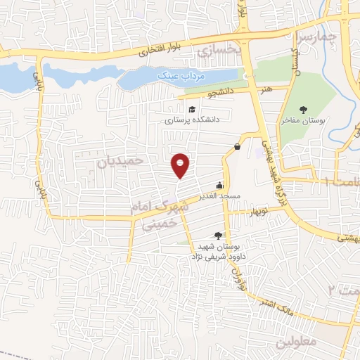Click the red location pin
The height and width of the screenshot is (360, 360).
click(181, 165)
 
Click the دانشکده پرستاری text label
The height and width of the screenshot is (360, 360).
click(193, 120)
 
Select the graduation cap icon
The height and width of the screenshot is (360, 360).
click(192, 109)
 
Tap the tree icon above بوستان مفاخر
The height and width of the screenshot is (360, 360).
click(303, 109)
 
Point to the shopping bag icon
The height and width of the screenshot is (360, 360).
click(237, 147)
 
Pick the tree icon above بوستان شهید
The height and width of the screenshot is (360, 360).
click(218, 236)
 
